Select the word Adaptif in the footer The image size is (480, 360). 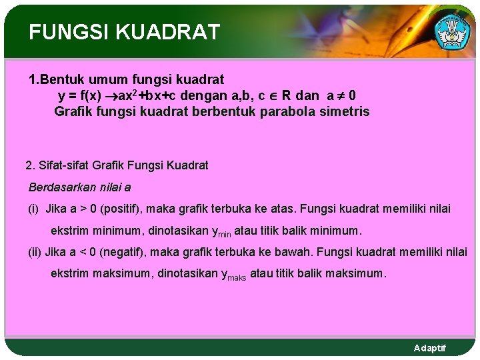430,349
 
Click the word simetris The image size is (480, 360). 344,111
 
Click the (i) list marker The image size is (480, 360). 33,209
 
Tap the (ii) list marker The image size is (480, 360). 35,252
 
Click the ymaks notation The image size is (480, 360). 233,275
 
